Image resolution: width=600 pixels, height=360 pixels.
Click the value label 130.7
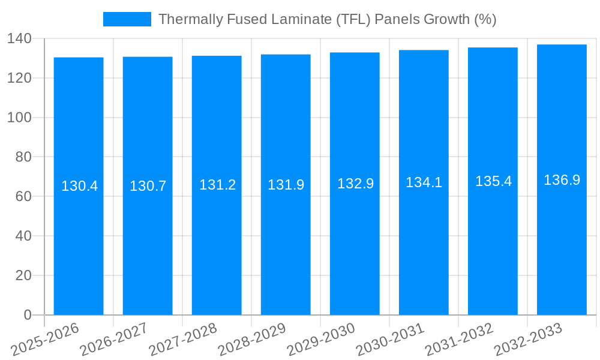click(148, 186)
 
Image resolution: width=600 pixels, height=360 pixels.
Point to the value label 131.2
click(217, 185)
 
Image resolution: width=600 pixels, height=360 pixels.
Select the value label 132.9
click(355, 184)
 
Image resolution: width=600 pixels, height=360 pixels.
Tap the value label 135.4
click(493, 181)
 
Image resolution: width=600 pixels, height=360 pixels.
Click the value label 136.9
click(562, 180)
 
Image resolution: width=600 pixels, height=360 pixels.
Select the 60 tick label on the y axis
click(23, 197)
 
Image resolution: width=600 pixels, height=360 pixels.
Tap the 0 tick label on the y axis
click(27, 315)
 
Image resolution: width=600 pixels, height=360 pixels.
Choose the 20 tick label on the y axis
click(23, 275)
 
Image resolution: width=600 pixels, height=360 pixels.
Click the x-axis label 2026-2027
click(114, 339)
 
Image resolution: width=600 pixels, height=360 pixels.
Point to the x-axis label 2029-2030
click(321, 339)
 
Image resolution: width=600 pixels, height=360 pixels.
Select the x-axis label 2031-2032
click(459, 339)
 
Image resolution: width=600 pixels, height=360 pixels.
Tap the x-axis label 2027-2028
click(183, 339)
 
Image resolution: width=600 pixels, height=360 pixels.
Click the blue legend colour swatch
click(127, 19)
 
